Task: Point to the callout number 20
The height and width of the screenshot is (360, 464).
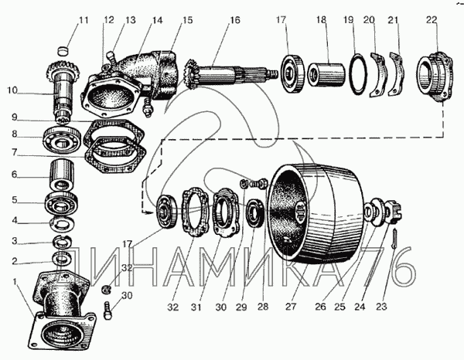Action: (370, 19)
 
